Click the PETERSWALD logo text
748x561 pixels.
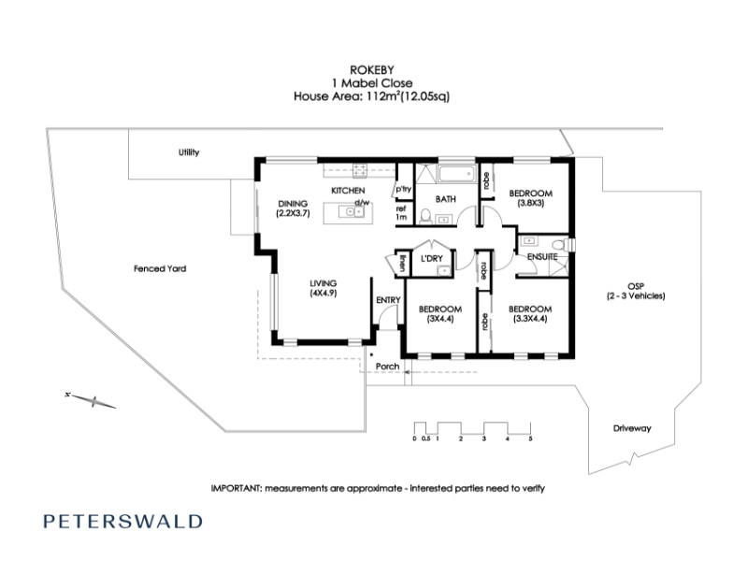[x=122, y=521]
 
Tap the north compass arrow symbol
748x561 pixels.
[x=91, y=401]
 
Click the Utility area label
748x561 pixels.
[x=189, y=152]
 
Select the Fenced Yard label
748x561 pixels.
[x=160, y=268]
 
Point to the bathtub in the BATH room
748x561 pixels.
[x=456, y=174]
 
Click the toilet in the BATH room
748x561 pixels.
[x=426, y=216]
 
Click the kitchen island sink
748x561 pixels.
[x=352, y=211]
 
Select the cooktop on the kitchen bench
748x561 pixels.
[x=360, y=169]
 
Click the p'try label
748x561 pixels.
[x=403, y=189]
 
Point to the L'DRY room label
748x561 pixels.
[x=432, y=258]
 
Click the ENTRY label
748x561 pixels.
[x=388, y=300]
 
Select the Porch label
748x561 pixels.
[x=387, y=367]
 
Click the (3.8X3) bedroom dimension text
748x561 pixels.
[x=530, y=203]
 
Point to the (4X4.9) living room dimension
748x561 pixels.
[x=324, y=293]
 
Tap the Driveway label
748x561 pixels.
[x=632, y=428]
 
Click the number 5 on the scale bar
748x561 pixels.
[x=530, y=439]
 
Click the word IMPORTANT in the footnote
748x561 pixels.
[x=237, y=488]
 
